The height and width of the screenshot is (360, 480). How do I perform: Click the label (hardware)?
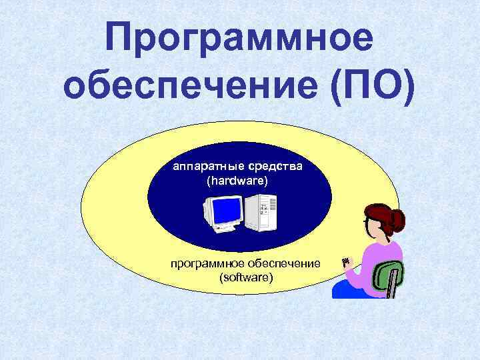239,181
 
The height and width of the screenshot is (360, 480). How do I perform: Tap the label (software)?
246,277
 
